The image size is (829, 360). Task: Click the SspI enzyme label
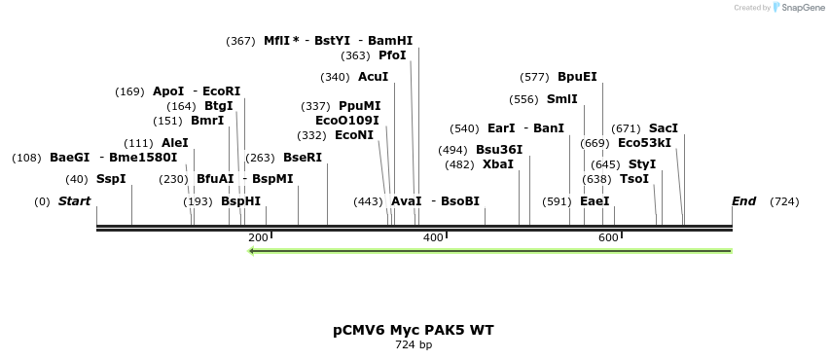(x=111, y=179)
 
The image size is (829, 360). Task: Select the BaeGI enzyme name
(x=69, y=158)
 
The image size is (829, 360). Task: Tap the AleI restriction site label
(x=176, y=143)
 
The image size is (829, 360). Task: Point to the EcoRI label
(x=221, y=91)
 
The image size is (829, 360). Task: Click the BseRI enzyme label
(x=302, y=158)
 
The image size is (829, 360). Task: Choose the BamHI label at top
(x=389, y=41)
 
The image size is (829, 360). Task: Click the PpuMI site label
(x=360, y=106)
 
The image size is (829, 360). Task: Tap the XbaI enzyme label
(x=498, y=164)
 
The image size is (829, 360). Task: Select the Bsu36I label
(x=499, y=150)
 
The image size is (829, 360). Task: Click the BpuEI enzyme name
(x=577, y=77)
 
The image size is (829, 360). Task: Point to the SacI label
(x=664, y=128)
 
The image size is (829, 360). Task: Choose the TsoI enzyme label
(x=634, y=179)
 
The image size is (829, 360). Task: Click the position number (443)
(x=369, y=201)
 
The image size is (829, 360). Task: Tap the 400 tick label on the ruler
(x=433, y=237)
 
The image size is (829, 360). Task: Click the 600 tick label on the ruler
(x=608, y=237)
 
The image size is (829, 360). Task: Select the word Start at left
(x=75, y=201)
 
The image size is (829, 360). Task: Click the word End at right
(x=743, y=201)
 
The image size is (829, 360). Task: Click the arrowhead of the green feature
(x=253, y=251)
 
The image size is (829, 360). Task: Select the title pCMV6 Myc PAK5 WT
(x=414, y=330)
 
